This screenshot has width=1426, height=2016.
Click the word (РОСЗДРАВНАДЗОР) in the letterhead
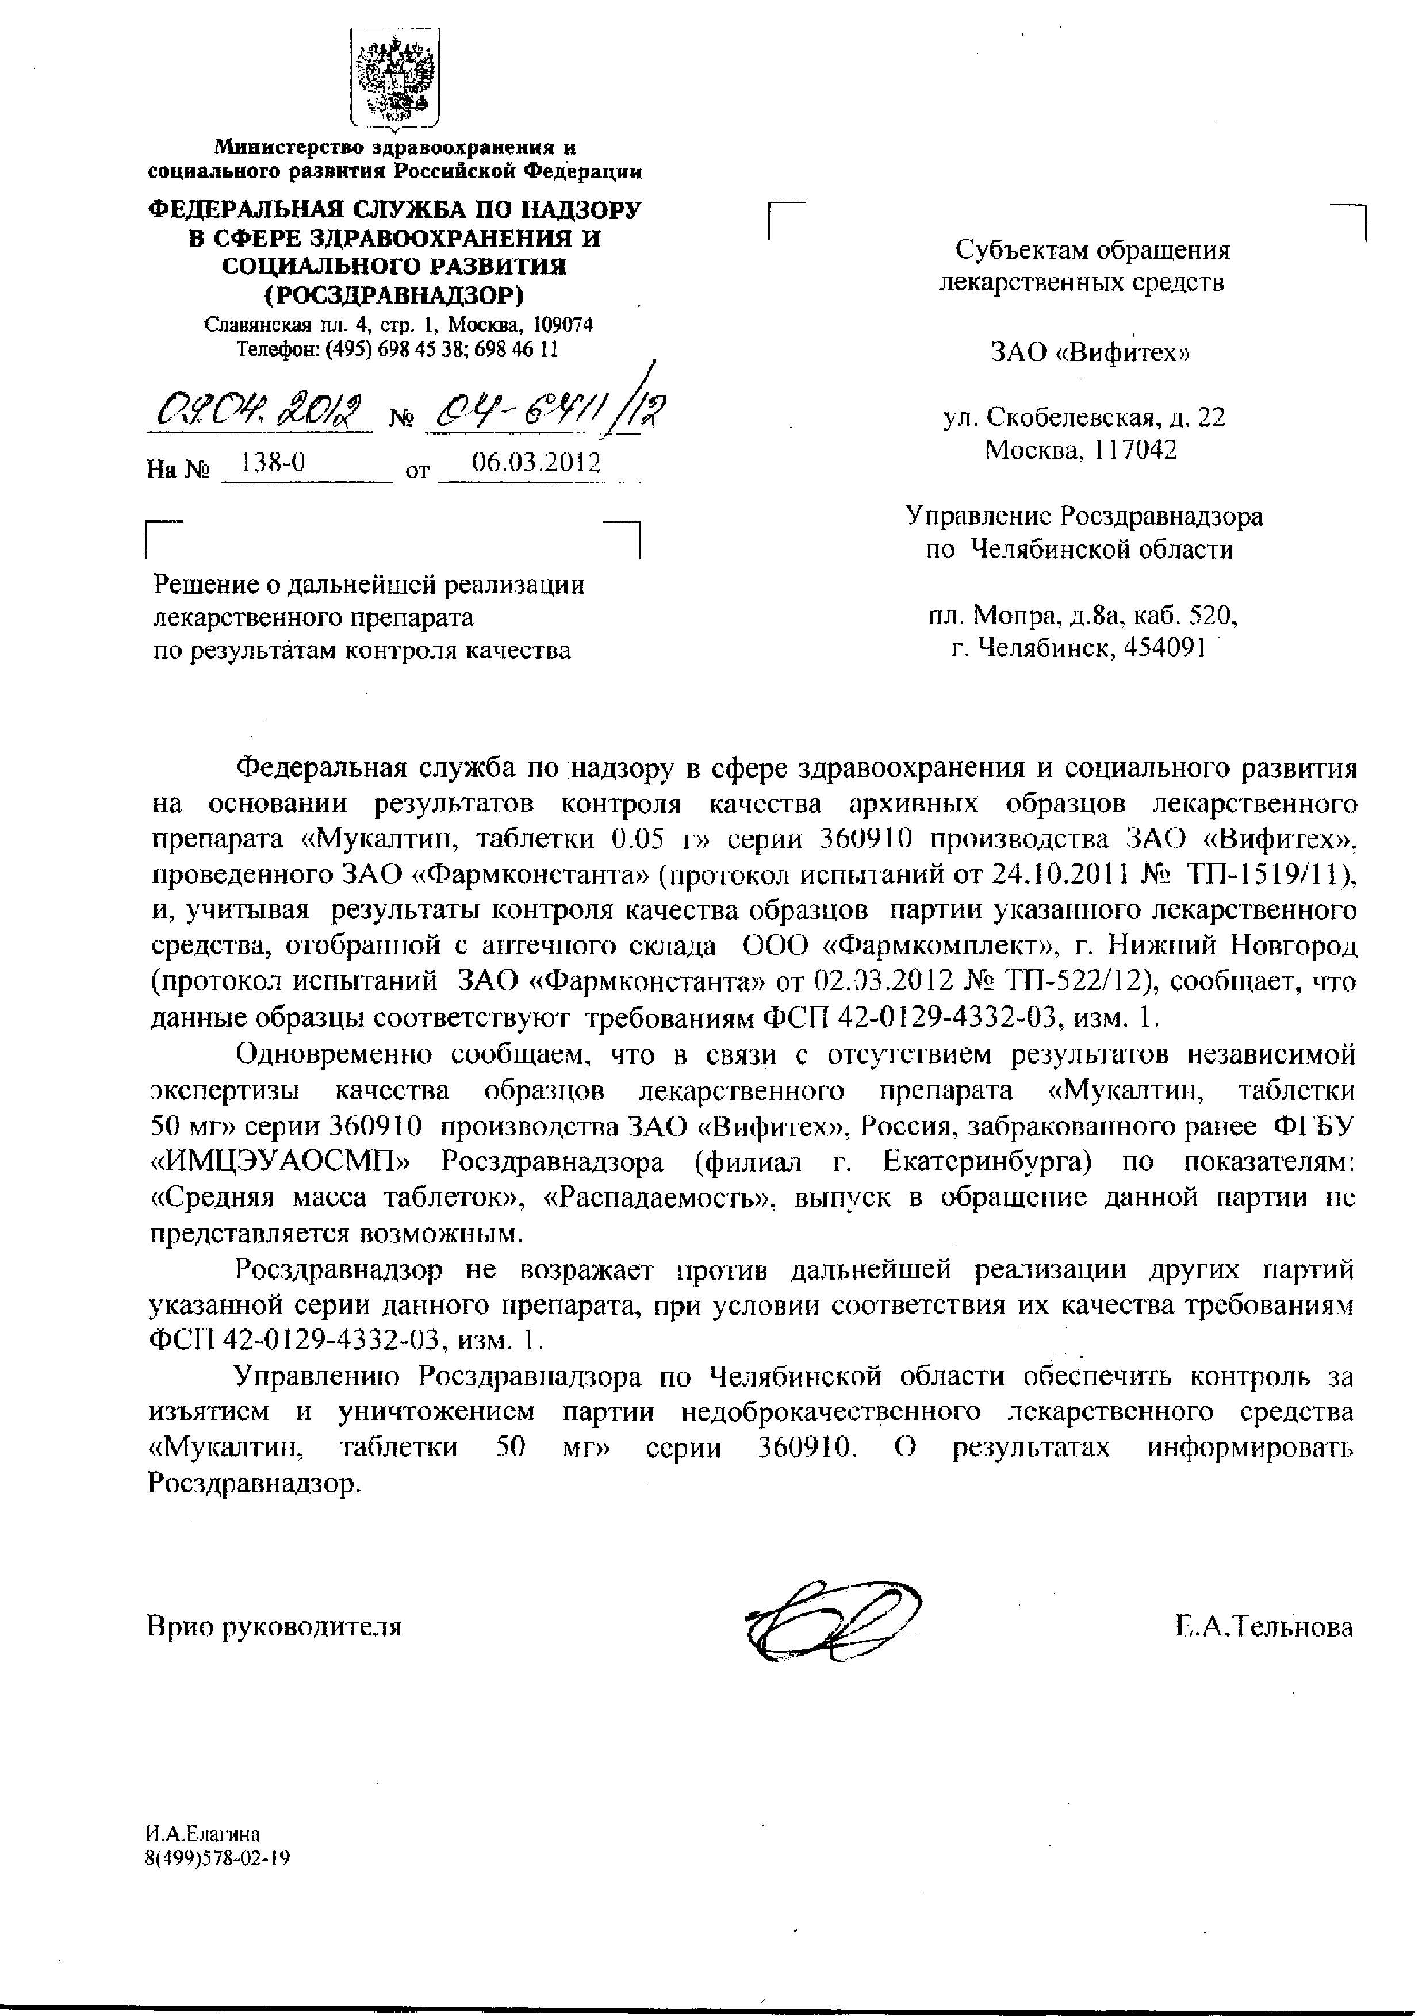(x=394, y=293)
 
